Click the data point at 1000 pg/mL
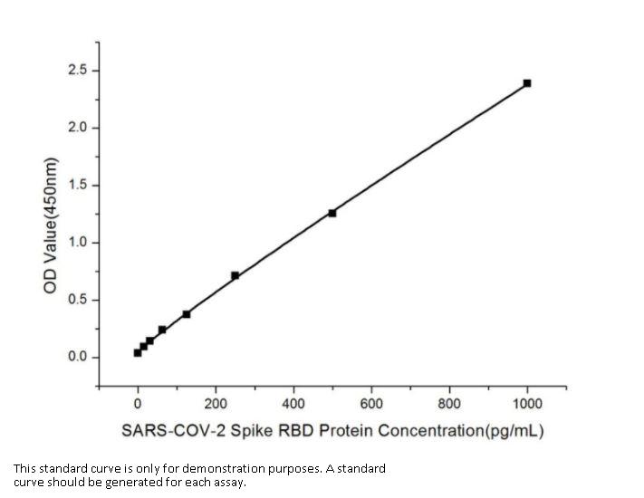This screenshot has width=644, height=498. click(527, 83)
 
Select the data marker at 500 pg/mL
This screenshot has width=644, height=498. click(332, 213)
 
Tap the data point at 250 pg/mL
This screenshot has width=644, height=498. click(235, 275)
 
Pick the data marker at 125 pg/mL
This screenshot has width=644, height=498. click(187, 314)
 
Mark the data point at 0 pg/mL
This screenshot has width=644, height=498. click(138, 352)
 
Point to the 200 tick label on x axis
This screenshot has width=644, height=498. click(216, 403)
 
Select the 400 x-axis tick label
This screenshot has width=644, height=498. click(293, 403)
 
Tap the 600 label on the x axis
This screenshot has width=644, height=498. click(371, 403)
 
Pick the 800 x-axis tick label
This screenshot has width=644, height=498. click(449, 403)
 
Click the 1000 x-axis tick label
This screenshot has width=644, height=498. click(527, 403)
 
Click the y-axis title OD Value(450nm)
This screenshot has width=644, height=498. click(52, 225)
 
